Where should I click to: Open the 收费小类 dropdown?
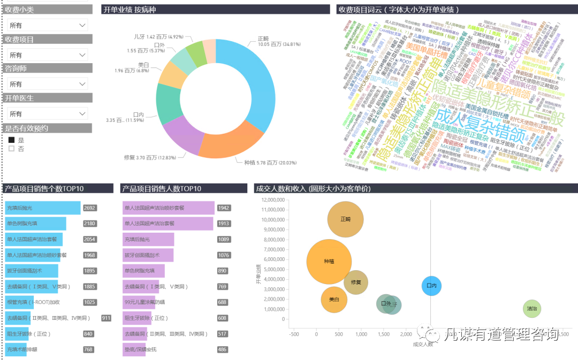[x=47, y=25]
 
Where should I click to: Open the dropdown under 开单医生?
[x=47, y=114]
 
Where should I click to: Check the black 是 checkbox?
[x=11, y=140]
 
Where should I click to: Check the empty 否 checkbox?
[x=11, y=149]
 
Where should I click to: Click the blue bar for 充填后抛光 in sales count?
[x=43, y=208]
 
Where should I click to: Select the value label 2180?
[x=90, y=224]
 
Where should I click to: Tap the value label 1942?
[x=224, y=208]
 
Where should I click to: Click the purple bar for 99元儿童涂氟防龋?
[x=139, y=302]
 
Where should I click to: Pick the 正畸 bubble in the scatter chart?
[x=345, y=219]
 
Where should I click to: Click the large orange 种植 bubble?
[x=329, y=262]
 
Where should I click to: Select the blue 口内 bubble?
[x=431, y=286]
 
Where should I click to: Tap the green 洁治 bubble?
[x=531, y=309]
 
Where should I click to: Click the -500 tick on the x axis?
[x=294, y=334]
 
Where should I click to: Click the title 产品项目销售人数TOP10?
[x=162, y=189]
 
